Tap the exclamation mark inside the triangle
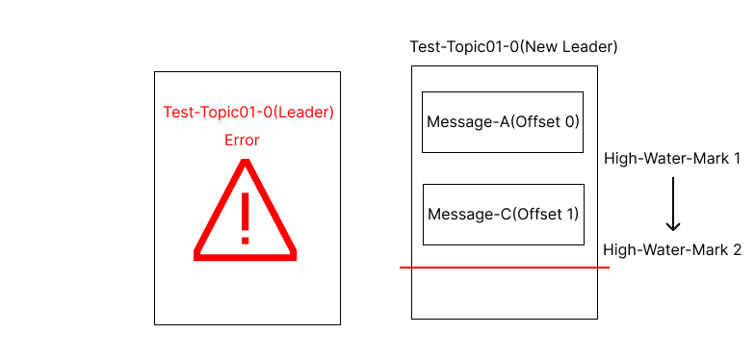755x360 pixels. tap(246, 218)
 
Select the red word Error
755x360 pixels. tap(242, 141)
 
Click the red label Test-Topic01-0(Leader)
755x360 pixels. tap(247, 112)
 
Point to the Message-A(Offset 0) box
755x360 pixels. tap(503, 121)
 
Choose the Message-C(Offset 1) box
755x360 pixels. tap(503, 214)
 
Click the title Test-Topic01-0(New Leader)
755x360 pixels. tap(513, 46)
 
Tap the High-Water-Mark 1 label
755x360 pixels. tap(671, 158)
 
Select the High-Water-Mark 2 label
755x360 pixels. tap(671, 250)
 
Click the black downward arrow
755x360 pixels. tap(673, 204)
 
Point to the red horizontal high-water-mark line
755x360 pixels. tap(505, 268)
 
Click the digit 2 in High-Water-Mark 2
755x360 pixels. tap(736, 250)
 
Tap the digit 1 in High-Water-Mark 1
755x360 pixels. tap(736, 158)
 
